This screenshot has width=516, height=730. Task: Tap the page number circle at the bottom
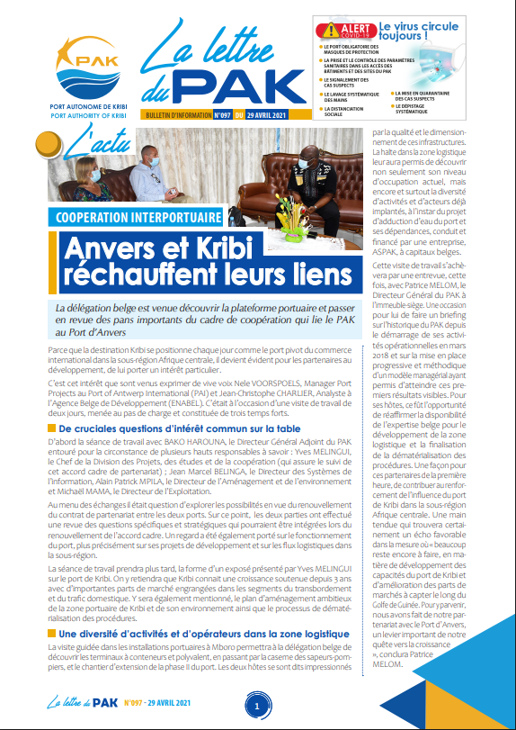point(257,707)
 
